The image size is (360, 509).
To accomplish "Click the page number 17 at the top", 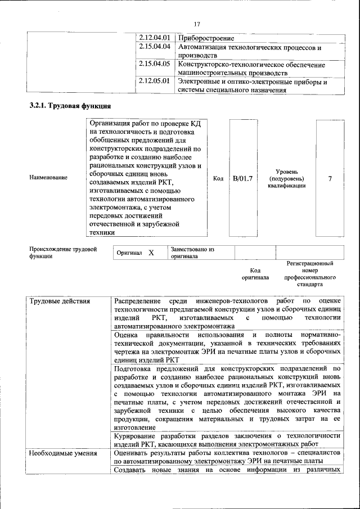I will click(197, 24).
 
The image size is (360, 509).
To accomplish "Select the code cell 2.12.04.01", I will click(155, 38).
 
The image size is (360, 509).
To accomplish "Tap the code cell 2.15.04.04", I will click(155, 47).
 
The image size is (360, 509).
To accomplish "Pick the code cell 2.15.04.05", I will click(155, 65).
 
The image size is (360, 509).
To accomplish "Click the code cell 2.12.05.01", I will click(155, 82).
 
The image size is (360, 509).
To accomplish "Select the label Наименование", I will click(48, 178).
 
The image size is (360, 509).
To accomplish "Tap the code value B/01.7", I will click(242, 178).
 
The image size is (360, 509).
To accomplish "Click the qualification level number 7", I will click(330, 178).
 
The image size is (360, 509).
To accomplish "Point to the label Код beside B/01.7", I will click(218, 178).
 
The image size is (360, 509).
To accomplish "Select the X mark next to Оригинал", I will click(151, 253).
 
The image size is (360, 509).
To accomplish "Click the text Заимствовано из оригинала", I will click(192, 253).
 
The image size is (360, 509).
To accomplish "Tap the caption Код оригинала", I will click(255, 274).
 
